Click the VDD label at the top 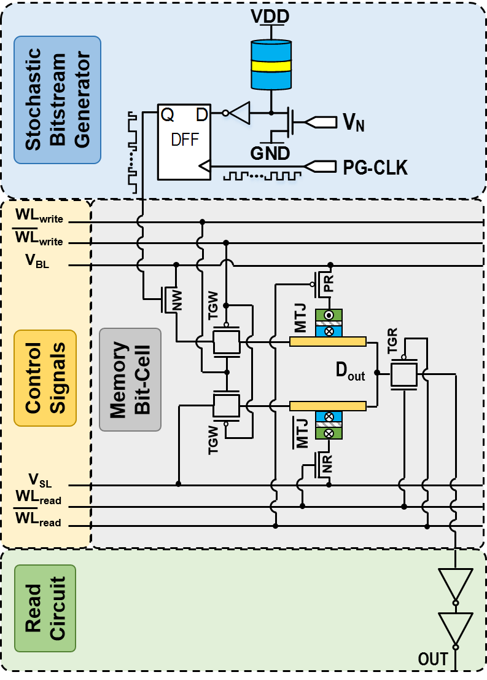pyautogui.click(x=270, y=17)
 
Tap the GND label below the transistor pyautogui.click(x=270, y=152)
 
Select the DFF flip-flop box pyautogui.click(x=184, y=141)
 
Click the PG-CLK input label pyautogui.click(x=374, y=167)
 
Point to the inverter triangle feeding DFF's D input pyautogui.click(x=240, y=113)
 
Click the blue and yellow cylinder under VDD pyautogui.click(x=270, y=65)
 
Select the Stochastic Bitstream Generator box pyautogui.click(x=57, y=100)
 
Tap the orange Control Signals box pyautogui.click(x=45, y=378)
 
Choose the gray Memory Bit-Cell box pyautogui.click(x=130, y=379)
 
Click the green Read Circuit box pyautogui.click(x=45, y=608)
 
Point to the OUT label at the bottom pyautogui.click(x=433, y=659)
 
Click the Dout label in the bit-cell pyautogui.click(x=350, y=371)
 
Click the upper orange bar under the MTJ pyautogui.click(x=328, y=341)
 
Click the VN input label pyautogui.click(x=353, y=124)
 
